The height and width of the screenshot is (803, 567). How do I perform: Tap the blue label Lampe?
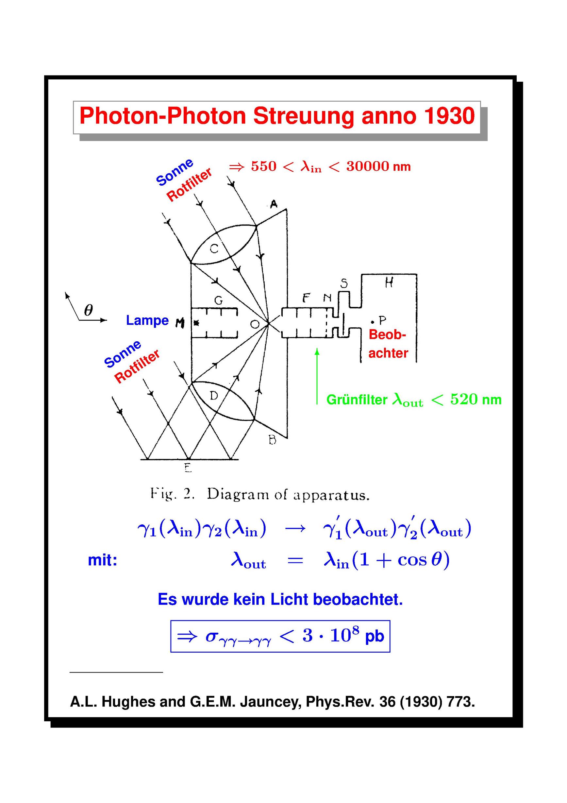(147, 320)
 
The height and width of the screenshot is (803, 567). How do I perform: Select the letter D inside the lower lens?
(214, 396)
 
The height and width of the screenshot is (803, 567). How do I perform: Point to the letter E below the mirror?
(188, 468)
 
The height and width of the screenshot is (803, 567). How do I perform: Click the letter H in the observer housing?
(389, 282)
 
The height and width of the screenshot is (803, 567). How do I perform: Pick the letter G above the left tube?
(219, 300)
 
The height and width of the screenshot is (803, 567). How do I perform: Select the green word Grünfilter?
(357, 400)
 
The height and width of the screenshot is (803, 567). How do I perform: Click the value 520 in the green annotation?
(463, 399)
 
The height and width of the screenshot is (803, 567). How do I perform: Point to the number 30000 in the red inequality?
(368, 166)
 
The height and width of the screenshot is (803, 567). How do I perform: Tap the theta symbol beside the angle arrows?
(89, 310)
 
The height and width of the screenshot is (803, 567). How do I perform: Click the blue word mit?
(102, 560)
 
